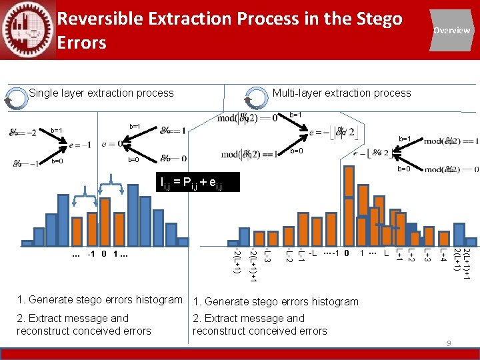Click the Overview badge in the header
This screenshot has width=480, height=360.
(451, 30)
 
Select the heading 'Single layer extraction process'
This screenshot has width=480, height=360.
(101, 93)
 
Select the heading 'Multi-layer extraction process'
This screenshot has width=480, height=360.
(341, 93)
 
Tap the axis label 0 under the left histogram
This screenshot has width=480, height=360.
(104, 254)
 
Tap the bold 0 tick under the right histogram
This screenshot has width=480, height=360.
(347, 253)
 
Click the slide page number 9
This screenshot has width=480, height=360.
(449, 343)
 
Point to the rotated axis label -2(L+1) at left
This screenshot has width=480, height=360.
(237, 260)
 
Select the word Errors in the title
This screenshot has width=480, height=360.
(82, 43)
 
